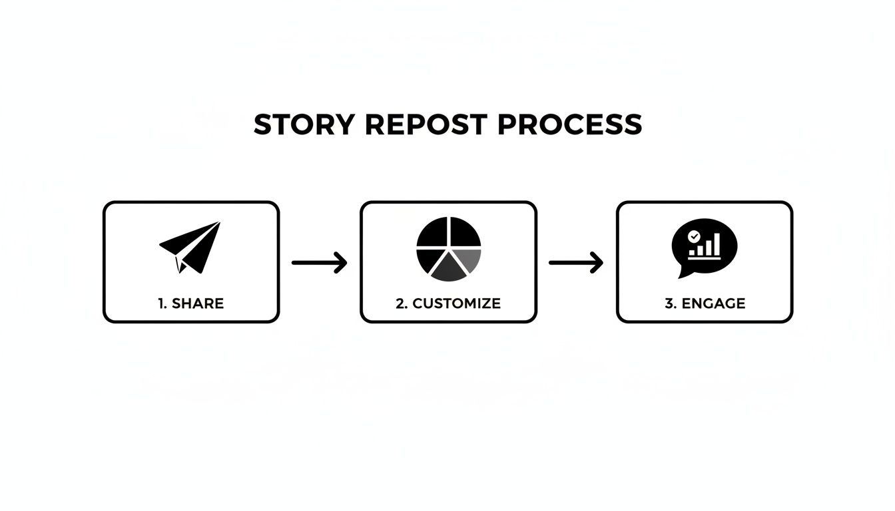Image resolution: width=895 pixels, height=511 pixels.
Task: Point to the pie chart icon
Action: point(448,249)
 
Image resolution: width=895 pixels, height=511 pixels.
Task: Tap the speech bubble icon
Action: point(704,247)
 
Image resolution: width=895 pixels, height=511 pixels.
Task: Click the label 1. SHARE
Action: point(191,303)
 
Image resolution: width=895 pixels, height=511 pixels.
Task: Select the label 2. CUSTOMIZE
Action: point(448,303)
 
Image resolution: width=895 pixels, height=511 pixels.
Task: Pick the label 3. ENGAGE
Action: point(705,303)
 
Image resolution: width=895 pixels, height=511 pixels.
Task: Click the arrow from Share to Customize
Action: point(320,262)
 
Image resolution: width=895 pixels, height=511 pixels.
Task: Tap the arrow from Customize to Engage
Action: point(576,262)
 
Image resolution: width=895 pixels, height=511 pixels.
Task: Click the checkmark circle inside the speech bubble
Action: point(694,236)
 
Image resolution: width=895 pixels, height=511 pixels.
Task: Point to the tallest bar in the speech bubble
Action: point(717,244)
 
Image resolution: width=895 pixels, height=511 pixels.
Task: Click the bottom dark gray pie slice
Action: point(448,269)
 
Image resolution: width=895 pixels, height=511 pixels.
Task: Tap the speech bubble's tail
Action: point(683,271)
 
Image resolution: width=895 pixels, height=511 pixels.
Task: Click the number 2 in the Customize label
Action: point(400,303)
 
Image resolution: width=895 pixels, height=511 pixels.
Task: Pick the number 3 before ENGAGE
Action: point(669,303)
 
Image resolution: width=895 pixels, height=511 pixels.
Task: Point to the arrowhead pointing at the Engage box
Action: point(597,262)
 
